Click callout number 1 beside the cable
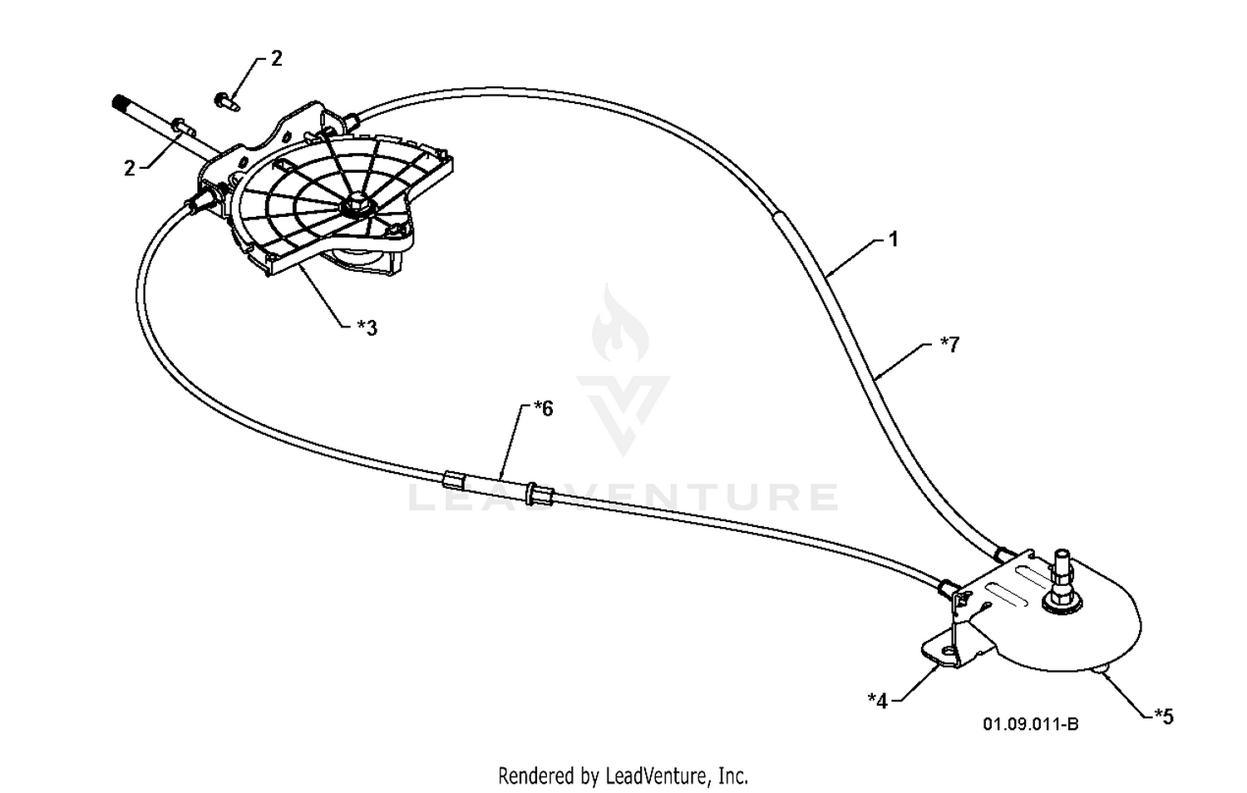point(894,240)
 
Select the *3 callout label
point(367,328)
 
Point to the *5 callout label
point(1164,717)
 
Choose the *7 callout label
point(950,344)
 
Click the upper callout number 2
point(277,59)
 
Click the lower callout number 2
point(130,168)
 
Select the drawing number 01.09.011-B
point(1031,724)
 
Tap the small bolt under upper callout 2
point(227,102)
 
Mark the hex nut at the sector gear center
point(355,206)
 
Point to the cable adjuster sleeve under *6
point(499,485)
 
